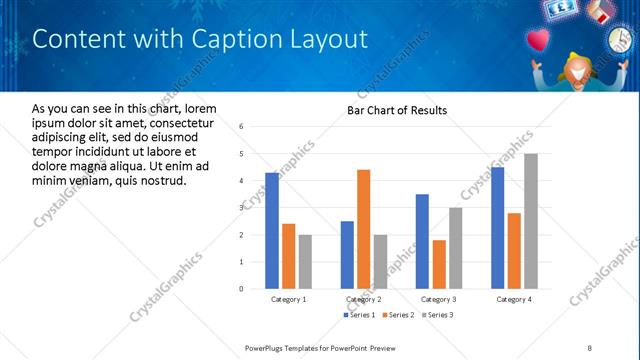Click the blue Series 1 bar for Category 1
coord(272,230)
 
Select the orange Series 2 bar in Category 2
coord(363,229)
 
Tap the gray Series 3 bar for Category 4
coord(530,221)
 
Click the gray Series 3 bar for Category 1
coord(305,261)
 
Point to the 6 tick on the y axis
coord(241,127)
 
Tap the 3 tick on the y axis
coord(241,208)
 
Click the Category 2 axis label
coord(363,299)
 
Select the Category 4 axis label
coord(514,299)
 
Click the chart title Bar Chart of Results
coord(397,110)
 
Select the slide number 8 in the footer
coord(590,347)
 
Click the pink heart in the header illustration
coord(541,40)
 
